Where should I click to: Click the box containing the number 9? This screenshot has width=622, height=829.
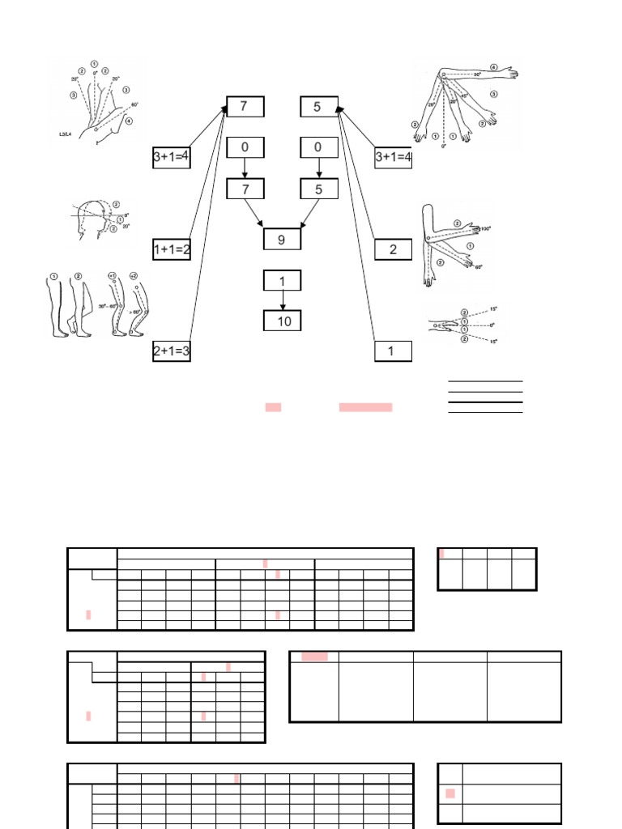pyautogui.click(x=282, y=240)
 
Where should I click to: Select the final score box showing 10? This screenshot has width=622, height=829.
pyautogui.click(x=282, y=321)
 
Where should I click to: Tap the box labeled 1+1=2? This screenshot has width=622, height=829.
pyautogui.click(x=171, y=249)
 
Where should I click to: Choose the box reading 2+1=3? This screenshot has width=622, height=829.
pyautogui.click(x=171, y=351)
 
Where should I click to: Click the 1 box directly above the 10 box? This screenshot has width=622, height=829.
pyautogui.click(x=282, y=281)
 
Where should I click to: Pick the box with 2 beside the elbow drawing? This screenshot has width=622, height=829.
pyautogui.click(x=393, y=249)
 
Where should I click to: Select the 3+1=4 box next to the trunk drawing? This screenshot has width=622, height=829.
pyautogui.click(x=171, y=158)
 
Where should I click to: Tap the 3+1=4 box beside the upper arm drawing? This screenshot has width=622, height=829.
pyautogui.click(x=393, y=158)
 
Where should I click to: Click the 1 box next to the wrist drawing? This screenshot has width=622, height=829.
pyautogui.click(x=393, y=351)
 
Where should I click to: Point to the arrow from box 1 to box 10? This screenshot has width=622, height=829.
pyautogui.click(x=282, y=301)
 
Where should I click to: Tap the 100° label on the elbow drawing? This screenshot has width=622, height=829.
pyautogui.click(x=486, y=230)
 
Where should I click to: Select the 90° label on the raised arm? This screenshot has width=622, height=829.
pyautogui.click(x=477, y=74)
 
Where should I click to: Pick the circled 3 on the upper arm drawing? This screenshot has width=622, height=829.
pyautogui.click(x=493, y=94)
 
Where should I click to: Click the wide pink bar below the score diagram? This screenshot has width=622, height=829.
pyautogui.click(x=365, y=407)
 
